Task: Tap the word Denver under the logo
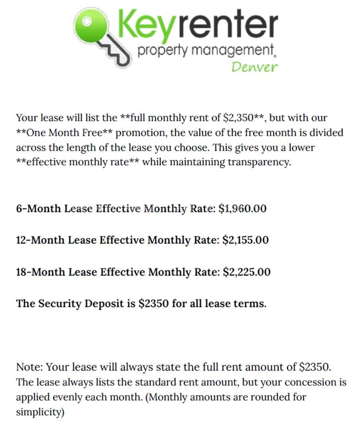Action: [x=254, y=66]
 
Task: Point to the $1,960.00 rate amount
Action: [x=242, y=208]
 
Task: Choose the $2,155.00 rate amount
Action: [x=245, y=240]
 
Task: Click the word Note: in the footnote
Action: [x=29, y=367]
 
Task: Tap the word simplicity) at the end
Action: [x=40, y=412]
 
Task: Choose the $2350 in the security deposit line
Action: [x=154, y=304]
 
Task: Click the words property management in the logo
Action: [x=205, y=51]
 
